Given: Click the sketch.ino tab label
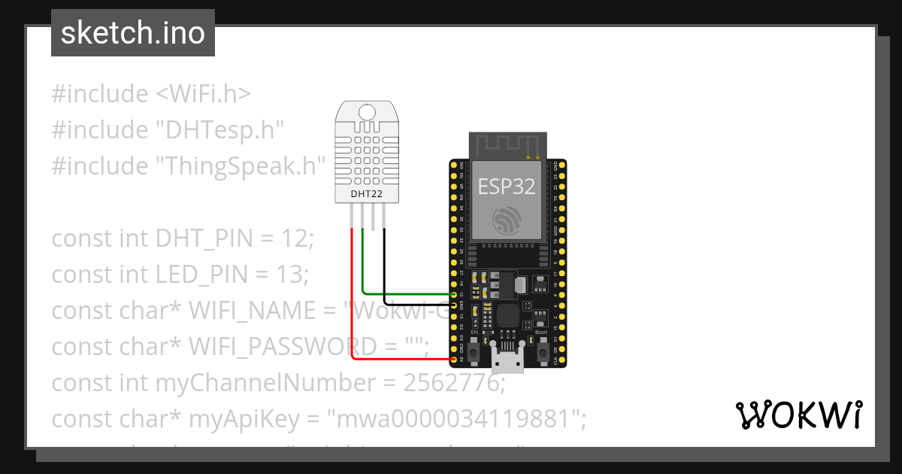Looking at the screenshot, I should click(133, 33).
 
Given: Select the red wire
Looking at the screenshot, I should click(352, 301).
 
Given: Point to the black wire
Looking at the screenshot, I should click(385, 263).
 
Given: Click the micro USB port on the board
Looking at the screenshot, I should click(508, 360).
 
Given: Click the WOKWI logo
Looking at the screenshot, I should click(798, 415).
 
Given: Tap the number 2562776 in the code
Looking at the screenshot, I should click(451, 383).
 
